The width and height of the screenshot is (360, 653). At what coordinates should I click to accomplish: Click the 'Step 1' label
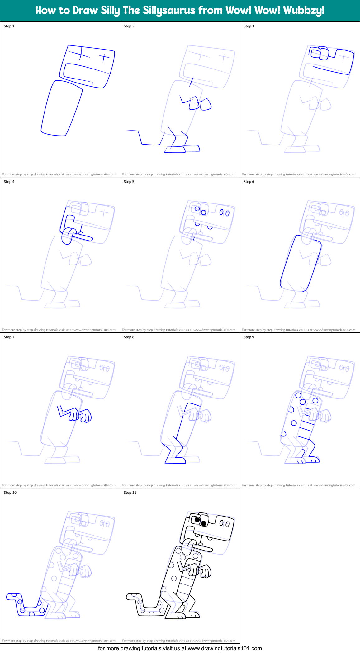[x=9, y=26]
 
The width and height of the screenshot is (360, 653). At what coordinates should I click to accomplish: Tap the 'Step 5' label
[x=129, y=182]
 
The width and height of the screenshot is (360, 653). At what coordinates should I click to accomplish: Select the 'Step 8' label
[x=129, y=337]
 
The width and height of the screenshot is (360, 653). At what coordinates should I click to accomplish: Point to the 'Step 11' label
[x=130, y=493]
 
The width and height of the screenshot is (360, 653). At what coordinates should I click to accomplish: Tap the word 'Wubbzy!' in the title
[x=304, y=10]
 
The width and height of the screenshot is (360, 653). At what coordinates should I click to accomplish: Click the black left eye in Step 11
[x=197, y=519]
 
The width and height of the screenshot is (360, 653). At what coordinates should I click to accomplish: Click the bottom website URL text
[x=180, y=648]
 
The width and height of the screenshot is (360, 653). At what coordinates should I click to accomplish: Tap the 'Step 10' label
[x=10, y=493]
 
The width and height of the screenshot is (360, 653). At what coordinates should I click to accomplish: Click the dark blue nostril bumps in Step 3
[x=320, y=53]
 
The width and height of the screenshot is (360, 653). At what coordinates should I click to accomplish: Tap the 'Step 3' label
[x=249, y=26]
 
